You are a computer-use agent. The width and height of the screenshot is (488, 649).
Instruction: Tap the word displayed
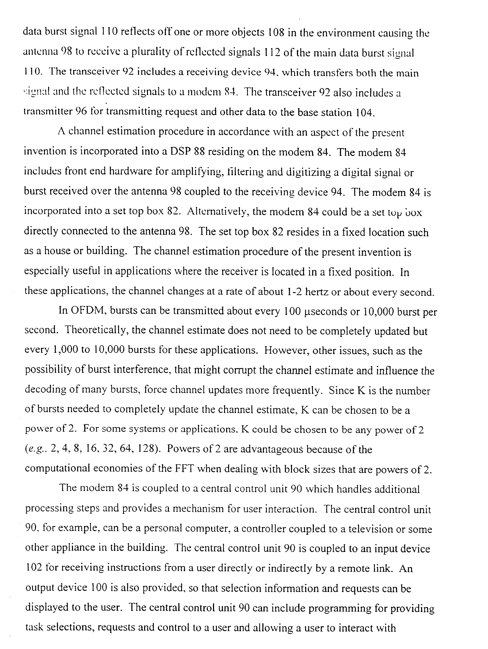tap(47, 607)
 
